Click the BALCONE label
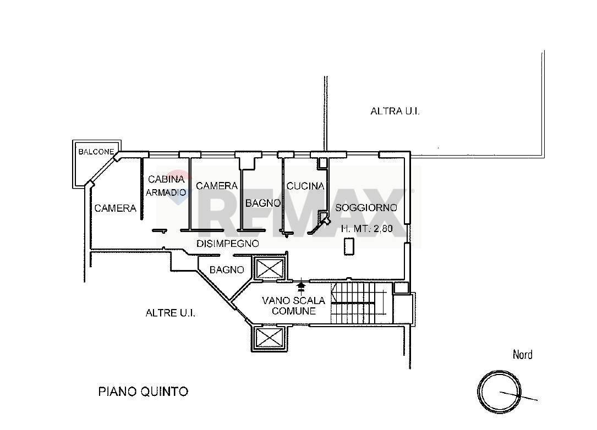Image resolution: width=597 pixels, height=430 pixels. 96,152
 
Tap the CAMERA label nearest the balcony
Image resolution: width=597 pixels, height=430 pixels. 115,208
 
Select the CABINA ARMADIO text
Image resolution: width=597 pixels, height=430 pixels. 165,185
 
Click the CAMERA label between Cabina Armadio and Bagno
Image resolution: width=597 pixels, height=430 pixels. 216,186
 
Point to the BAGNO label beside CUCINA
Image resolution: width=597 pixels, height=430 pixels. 262,203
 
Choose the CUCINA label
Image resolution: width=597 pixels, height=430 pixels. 305,186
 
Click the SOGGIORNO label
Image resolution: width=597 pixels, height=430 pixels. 366,208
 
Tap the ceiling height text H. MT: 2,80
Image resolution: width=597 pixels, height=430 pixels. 366,229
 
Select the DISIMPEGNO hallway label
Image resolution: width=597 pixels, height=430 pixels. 227,244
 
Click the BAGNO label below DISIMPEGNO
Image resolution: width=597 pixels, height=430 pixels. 227,270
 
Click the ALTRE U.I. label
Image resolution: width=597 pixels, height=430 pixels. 171,313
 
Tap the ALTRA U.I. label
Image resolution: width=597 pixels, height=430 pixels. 395,111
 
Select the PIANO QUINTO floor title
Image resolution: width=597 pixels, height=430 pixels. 143,392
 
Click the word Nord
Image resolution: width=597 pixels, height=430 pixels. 522,355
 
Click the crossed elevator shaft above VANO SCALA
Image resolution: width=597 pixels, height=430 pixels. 269,269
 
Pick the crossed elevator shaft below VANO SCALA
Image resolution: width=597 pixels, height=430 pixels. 269,337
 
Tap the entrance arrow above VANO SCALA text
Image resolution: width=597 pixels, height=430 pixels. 300,285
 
